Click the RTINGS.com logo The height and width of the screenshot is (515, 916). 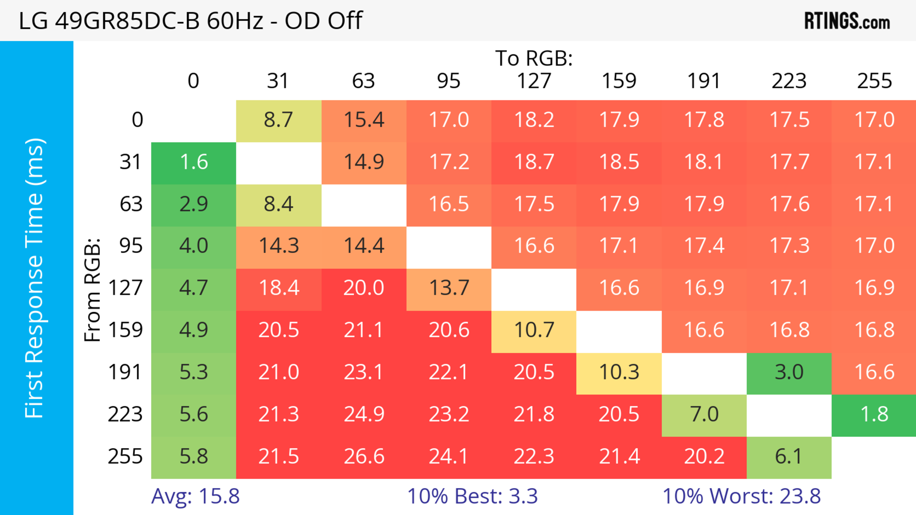847,20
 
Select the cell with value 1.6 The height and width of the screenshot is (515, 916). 194,162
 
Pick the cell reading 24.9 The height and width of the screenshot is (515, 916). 364,414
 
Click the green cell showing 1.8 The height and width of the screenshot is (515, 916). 874,414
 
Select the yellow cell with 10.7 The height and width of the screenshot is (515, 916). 534,330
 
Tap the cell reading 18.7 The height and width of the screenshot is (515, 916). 534,162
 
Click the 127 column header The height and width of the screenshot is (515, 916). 534,81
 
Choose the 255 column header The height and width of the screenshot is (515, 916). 874,81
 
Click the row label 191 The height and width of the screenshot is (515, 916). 125,372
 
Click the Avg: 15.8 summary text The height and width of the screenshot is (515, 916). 195,496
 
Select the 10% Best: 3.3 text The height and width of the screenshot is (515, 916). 472,496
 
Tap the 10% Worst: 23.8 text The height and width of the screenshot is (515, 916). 741,496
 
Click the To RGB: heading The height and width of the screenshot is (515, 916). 534,58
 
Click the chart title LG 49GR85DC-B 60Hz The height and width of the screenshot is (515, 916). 191,20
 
